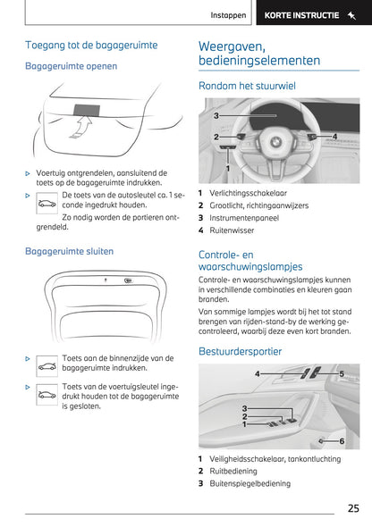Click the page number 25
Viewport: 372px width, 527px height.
coord(353,508)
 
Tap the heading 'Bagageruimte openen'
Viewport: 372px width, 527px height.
coord(71,66)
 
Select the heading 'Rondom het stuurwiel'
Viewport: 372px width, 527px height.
coord(247,86)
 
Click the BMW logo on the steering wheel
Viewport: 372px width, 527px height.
coord(275,142)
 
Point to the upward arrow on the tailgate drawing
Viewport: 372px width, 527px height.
coord(81,127)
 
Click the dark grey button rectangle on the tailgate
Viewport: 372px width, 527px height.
coord(87,110)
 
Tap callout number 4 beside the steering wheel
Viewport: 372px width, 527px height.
coord(334,136)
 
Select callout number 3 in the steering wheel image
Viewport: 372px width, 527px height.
coord(216,115)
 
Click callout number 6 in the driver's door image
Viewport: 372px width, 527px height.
coord(342,441)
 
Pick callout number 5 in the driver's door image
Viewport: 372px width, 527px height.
coord(342,373)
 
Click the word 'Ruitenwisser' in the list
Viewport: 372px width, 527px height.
coord(232,230)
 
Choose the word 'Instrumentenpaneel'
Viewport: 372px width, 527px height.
coord(244,218)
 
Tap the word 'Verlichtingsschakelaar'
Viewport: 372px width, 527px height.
coord(249,193)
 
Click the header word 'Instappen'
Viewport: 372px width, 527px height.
coord(228,15)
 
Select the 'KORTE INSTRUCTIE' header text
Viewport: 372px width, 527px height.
coord(301,15)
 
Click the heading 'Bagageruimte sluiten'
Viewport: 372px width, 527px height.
coord(69,251)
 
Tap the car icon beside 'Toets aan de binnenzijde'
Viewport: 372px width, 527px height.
coord(46,366)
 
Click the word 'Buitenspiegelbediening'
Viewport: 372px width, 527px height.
coord(249,483)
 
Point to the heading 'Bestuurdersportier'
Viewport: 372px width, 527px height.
coord(241,352)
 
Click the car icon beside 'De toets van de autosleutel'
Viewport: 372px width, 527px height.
coord(46,204)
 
